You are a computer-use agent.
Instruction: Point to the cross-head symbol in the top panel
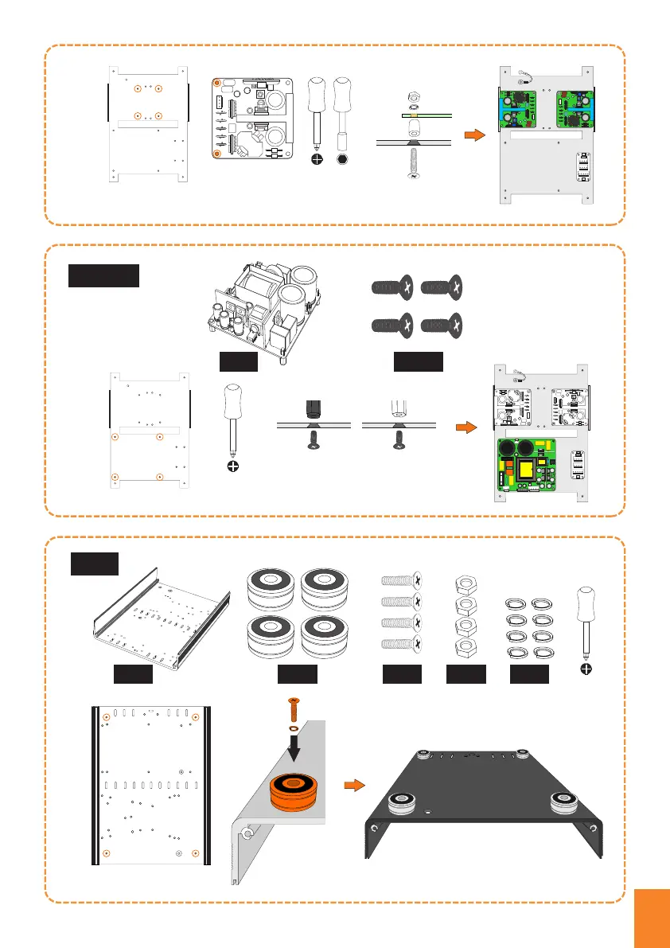[x=317, y=159]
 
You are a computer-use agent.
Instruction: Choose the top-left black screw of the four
[x=391, y=287]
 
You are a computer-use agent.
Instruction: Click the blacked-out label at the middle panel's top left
[x=104, y=275]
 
